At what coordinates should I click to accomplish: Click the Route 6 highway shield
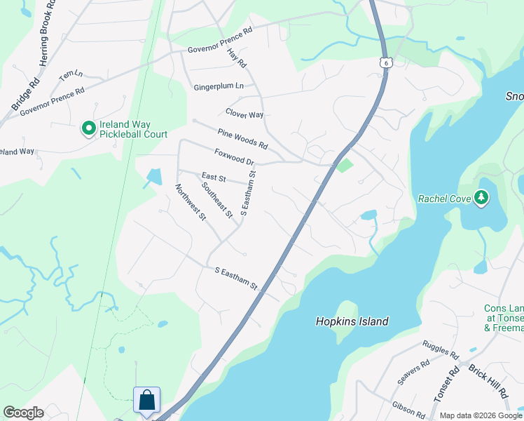pyautogui.click(x=386, y=62)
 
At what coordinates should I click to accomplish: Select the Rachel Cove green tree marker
pyautogui.click(x=481, y=198)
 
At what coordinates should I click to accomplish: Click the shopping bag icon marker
pyautogui.click(x=147, y=401)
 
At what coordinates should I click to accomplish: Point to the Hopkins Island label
pyautogui.click(x=351, y=321)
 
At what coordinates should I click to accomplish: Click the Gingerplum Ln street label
pyautogui.click(x=219, y=86)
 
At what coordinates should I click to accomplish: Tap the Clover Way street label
pyautogui.click(x=244, y=114)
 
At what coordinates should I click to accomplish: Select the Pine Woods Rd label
pyautogui.click(x=242, y=139)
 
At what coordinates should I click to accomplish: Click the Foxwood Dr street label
pyautogui.click(x=233, y=155)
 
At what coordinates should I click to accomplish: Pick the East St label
pyautogui.click(x=213, y=177)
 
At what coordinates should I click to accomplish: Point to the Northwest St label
pyautogui.click(x=191, y=202)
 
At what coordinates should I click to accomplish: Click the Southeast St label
pyautogui.click(x=216, y=199)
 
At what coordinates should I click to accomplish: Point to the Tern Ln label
pyautogui.click(x=71, y=74)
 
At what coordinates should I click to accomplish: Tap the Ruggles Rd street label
pyautogui.click(x=440, y=349)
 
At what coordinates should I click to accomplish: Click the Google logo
pyautogui.click(x=23, y=413)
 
